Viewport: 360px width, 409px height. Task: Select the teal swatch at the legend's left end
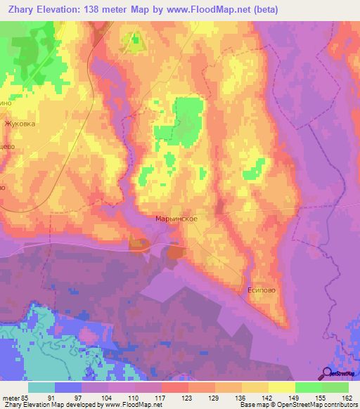(41, 387)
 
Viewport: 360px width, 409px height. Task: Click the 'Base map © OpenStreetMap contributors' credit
(297, 405)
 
